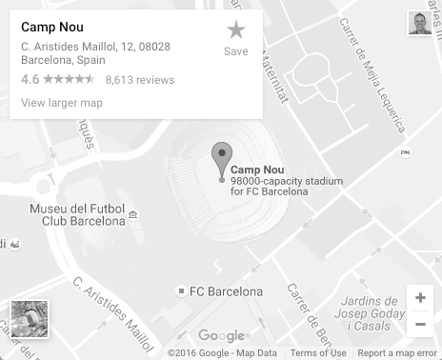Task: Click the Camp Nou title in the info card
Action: [x=51, y=27]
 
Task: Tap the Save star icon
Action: [x=235, y=30]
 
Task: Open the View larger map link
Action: [x=61, y=103]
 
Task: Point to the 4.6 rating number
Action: [x=30, y=80]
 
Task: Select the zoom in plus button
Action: [x=420, y=298]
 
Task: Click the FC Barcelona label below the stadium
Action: [x=226, y=290]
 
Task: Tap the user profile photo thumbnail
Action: [x=419, y=24]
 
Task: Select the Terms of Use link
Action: [x=318, y=353]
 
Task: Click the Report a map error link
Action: [x=398, y=353]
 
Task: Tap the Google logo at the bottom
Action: [x=221, y=335]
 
